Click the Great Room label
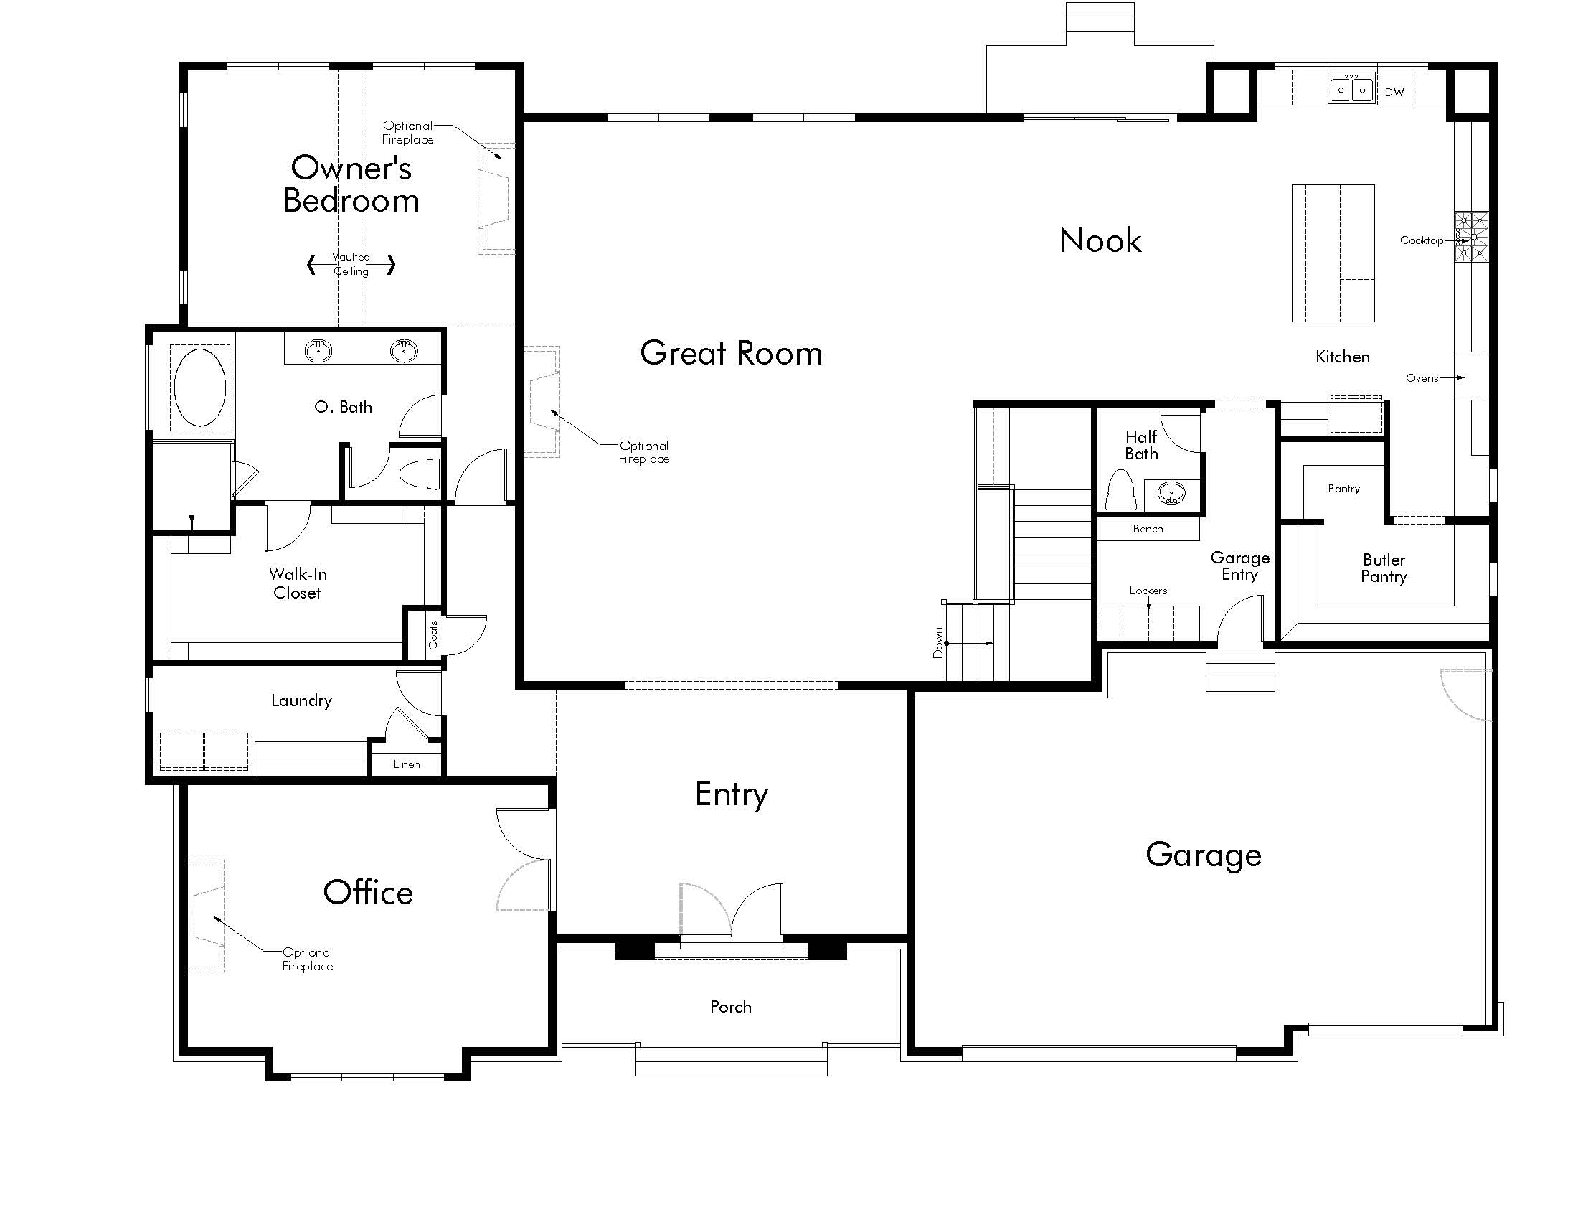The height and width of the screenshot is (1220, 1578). (x=731, y=353)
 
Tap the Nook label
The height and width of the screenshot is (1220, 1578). (x=1100, y=240)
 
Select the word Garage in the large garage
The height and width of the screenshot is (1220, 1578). (x=1204, y=855)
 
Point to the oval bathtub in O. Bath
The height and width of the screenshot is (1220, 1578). (x=200, y=388)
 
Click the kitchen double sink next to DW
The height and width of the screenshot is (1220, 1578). (x=1351, y=90)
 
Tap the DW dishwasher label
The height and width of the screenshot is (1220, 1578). (x=1394, y=93)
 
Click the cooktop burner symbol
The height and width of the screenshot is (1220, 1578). (x=1472, y=235)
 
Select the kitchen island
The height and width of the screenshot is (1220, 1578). (x=1333, y=253)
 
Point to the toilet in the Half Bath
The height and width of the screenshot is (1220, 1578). (x=1120, y=491)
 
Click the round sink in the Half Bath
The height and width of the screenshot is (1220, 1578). (x=1171, y=494)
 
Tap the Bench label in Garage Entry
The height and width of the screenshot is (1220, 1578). (x=1148, y=529)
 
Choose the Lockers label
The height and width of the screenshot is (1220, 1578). (x=1148, y=591)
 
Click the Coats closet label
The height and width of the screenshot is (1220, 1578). (x=433, y=635)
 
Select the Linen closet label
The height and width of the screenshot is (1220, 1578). (x=407, y=764)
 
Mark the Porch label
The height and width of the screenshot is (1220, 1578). (x=730, y=1007)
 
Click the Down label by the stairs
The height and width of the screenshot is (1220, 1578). (x=938, y=642)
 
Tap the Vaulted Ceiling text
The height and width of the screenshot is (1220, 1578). (x=351, y=264)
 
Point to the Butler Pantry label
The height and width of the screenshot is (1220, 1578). (x=1384, y=568)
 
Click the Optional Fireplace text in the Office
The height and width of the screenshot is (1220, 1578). (x=308, y=959)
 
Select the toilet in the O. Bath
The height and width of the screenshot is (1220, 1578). (x=420, y=474)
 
